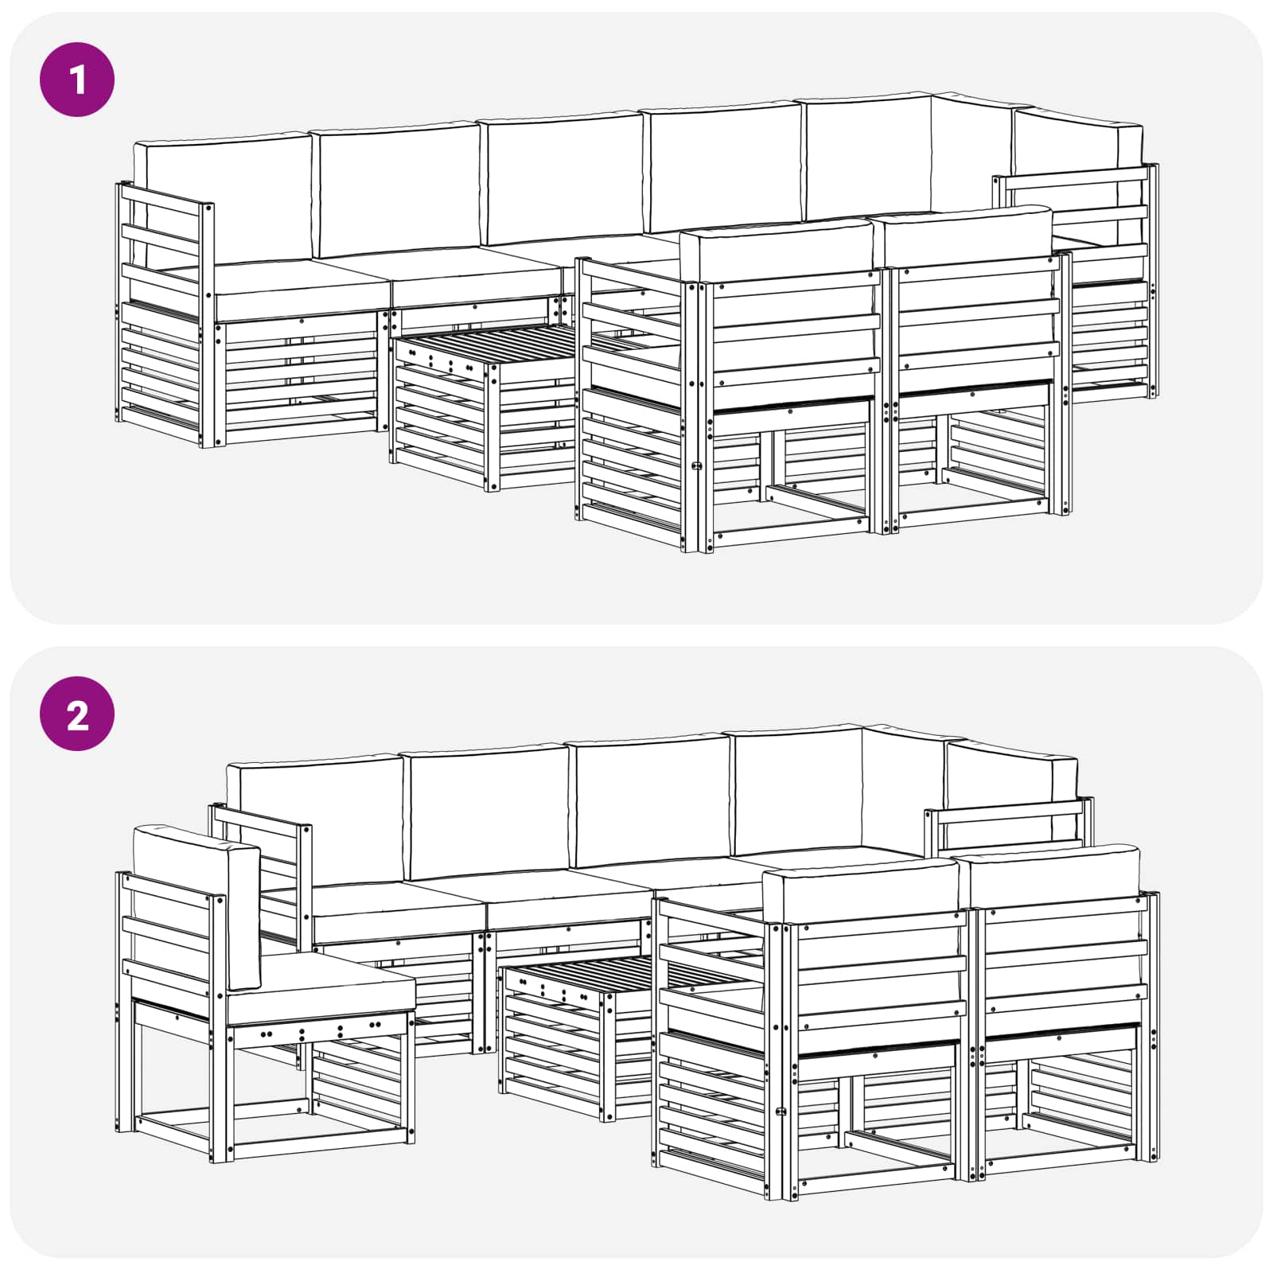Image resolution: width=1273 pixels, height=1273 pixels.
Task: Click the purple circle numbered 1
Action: point(77,80)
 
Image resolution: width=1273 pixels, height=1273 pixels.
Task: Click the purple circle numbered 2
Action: point(77,714)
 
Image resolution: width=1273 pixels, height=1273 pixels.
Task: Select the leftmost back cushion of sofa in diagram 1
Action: point(223,199)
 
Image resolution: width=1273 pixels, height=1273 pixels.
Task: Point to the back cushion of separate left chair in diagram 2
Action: point(243,915)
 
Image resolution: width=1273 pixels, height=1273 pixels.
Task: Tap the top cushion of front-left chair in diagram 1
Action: point(776,251)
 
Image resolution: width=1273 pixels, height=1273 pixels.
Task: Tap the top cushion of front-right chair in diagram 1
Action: point(963,235)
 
